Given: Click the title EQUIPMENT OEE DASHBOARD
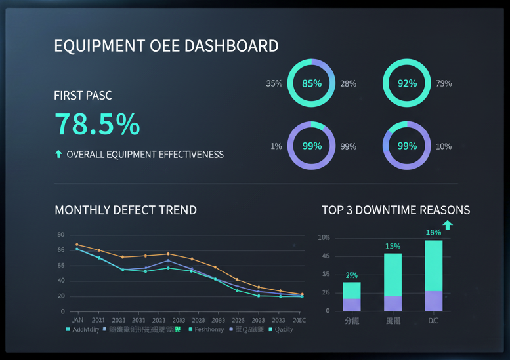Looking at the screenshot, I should coord(166,46).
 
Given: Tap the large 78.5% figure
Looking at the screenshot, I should coord(97,124).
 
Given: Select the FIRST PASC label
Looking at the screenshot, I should coord(83,96).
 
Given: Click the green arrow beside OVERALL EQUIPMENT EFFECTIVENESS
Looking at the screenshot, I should coord(58,155).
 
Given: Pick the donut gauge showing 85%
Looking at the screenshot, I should coord(312,83).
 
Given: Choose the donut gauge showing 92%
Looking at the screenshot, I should coord(407,83).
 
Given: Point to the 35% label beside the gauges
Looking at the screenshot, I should coord(274,83).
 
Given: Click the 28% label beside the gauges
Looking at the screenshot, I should coord(348,83).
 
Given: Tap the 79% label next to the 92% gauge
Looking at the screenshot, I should coord(444,83).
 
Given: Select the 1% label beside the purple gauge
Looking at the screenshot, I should coord(276,146).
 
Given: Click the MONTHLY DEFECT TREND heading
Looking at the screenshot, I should coord(125,210).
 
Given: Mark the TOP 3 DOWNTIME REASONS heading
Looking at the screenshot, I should coord(396,210).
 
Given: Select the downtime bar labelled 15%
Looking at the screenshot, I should coord(393,282).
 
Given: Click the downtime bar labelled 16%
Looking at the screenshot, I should coord(433,275).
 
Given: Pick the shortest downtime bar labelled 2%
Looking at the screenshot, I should coord(352,296).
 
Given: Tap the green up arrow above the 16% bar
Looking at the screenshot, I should coord(448,225).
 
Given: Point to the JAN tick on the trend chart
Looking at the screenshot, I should coord(77,319).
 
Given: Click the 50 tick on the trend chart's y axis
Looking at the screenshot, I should coord(61,235).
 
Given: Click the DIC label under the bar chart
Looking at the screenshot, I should coord(433,321).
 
